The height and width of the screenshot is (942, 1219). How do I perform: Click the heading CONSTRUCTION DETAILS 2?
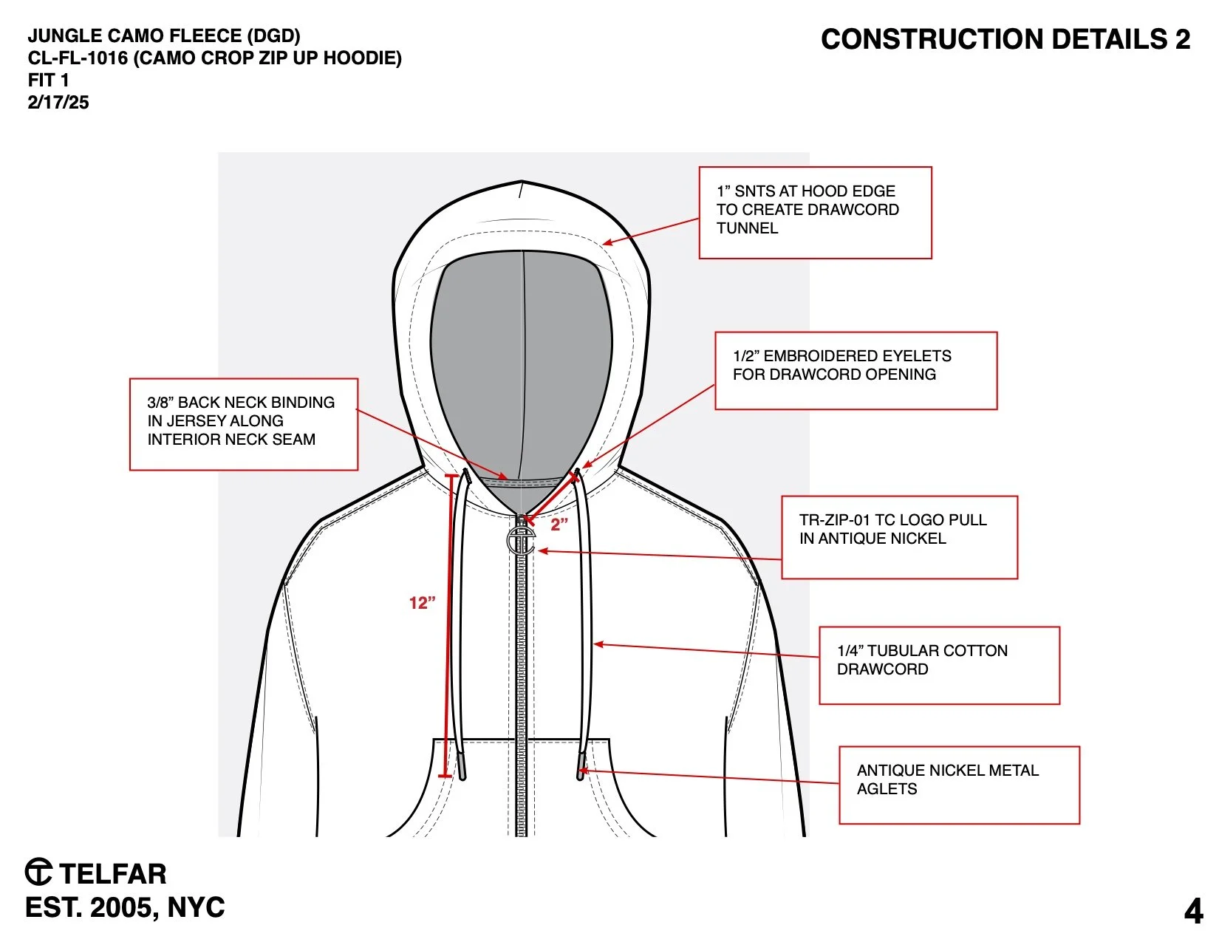[1005, 39]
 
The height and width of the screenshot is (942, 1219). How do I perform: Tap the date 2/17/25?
[58, 103]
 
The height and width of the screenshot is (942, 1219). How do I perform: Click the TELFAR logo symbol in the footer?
[38, 873]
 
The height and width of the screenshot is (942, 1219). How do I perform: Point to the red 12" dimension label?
[422, 603]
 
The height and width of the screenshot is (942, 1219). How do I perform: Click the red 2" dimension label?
[559, 525]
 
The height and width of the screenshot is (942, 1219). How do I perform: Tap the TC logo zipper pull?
[521, 541]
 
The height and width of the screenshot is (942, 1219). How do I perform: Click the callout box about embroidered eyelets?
[856, 370]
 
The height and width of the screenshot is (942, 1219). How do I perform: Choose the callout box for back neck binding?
[244, 424]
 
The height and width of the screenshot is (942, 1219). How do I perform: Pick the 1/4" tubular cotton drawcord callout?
[939, 665]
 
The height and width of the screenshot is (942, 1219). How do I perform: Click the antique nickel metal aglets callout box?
[959, 785]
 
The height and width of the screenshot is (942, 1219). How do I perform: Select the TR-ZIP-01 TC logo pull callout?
[899, 536]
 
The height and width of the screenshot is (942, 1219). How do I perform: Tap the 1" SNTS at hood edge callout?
[815, 213]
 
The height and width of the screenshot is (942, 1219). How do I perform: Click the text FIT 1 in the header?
[49, 81]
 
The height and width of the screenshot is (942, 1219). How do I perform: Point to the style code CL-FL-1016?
[78, 58]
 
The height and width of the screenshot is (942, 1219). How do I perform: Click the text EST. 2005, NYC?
[125, 907]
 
